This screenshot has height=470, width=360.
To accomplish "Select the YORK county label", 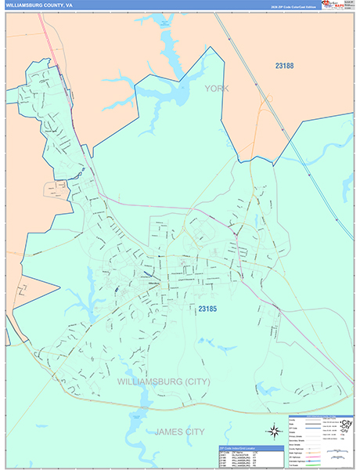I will point(217,89).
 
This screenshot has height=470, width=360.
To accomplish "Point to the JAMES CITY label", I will point(181,432).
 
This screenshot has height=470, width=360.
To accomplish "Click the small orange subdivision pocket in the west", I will point(56,189).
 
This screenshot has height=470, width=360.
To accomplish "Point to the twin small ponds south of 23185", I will point(207,342).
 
